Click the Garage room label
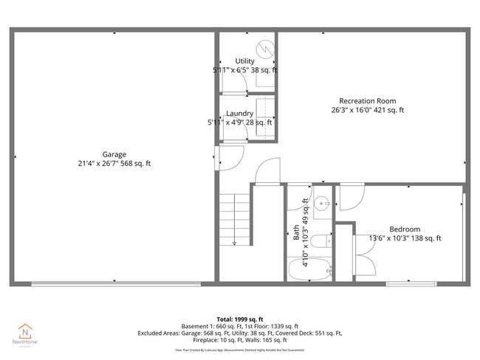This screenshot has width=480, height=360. click(114, 154)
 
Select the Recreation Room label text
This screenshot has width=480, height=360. click(367, 101)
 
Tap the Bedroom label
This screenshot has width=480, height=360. click(404, 229)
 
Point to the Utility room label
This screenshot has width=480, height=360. click(244, 61)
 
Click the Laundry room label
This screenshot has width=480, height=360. click(239, 113)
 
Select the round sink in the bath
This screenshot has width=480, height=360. click(321, 204)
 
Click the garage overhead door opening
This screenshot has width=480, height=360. click(114, 283)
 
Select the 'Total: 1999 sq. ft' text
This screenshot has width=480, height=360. click(239, 319)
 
